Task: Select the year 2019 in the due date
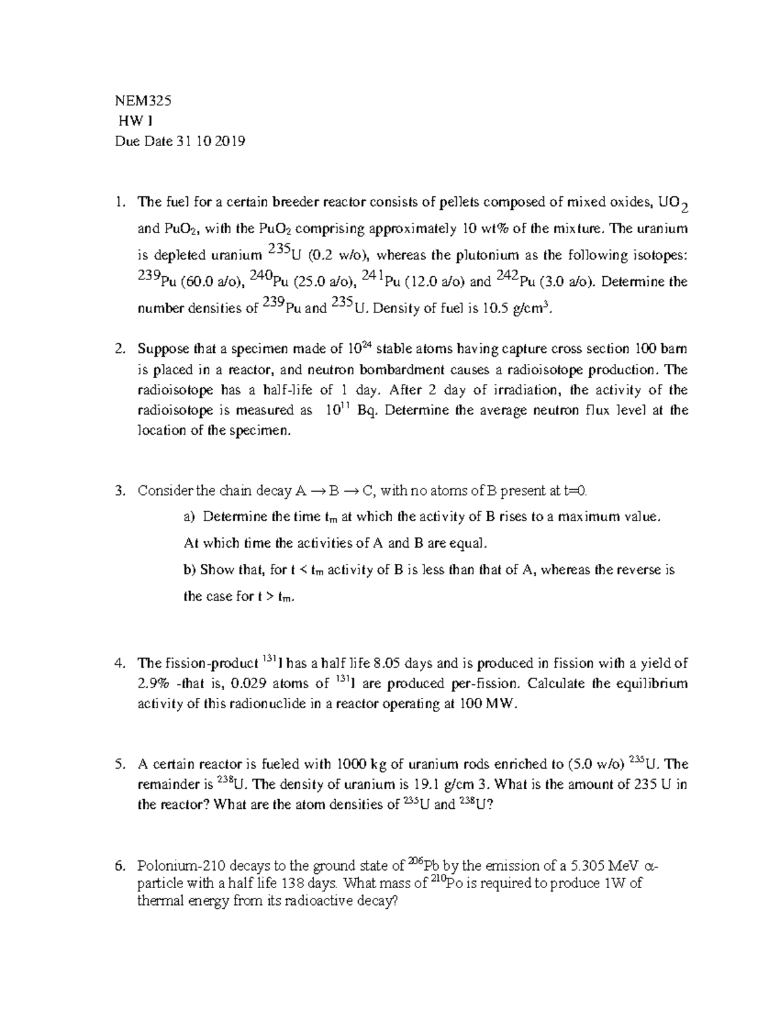pos(231,142)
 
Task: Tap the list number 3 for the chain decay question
pos(118,491)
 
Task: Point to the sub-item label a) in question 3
pos(190,517)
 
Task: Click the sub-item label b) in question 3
pos(190,570)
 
